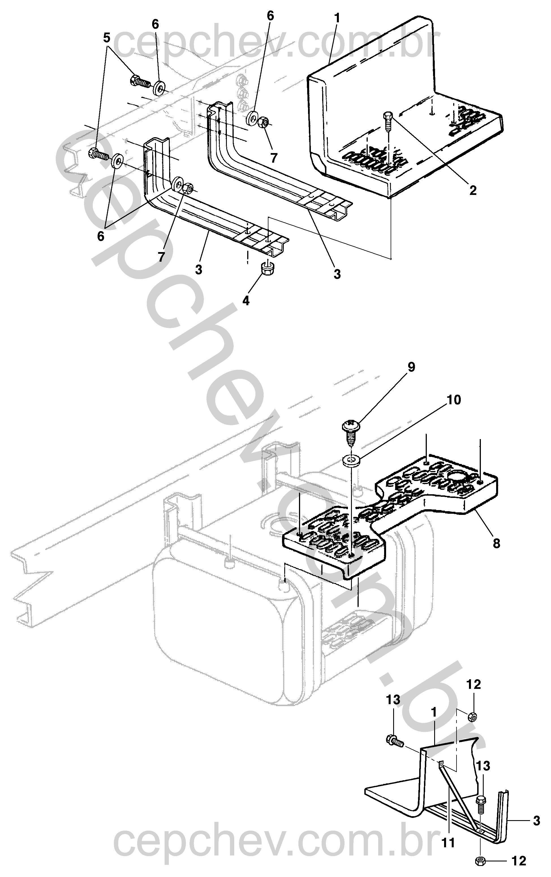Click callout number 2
pyautogui.click(x=473, y=190)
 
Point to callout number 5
pyautogui.click(x=106, y=38)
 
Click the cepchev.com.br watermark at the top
pyautogui.click(x=277, y=46)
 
